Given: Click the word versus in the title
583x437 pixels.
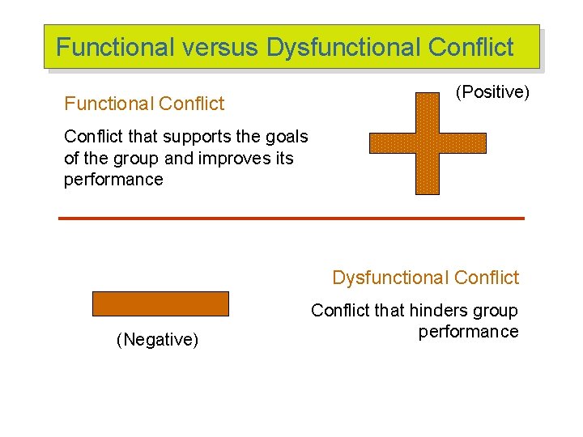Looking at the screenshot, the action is point(221,47).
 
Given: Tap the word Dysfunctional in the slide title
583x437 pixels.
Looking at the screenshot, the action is point(343,47).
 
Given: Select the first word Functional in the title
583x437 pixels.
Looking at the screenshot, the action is point(116,47).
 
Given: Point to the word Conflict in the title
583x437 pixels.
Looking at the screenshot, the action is point(470,47).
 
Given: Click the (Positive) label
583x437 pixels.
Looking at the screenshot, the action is point(492,92).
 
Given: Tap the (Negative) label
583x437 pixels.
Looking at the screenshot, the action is point(158,340).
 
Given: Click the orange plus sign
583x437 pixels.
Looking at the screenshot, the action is point(428,143).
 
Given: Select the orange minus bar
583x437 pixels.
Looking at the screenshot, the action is point(160,303).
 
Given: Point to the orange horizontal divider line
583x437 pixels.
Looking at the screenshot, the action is point(291,218).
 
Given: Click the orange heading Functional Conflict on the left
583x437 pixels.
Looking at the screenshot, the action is point(144,104).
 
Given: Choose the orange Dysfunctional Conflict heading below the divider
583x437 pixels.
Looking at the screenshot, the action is point(425,278).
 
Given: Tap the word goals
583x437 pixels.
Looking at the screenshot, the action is point(286,137).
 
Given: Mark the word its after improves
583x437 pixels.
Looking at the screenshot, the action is point(283,158).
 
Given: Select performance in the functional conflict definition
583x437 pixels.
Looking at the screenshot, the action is point(113,180).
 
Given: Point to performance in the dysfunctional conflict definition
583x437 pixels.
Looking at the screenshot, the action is point(468,332).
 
